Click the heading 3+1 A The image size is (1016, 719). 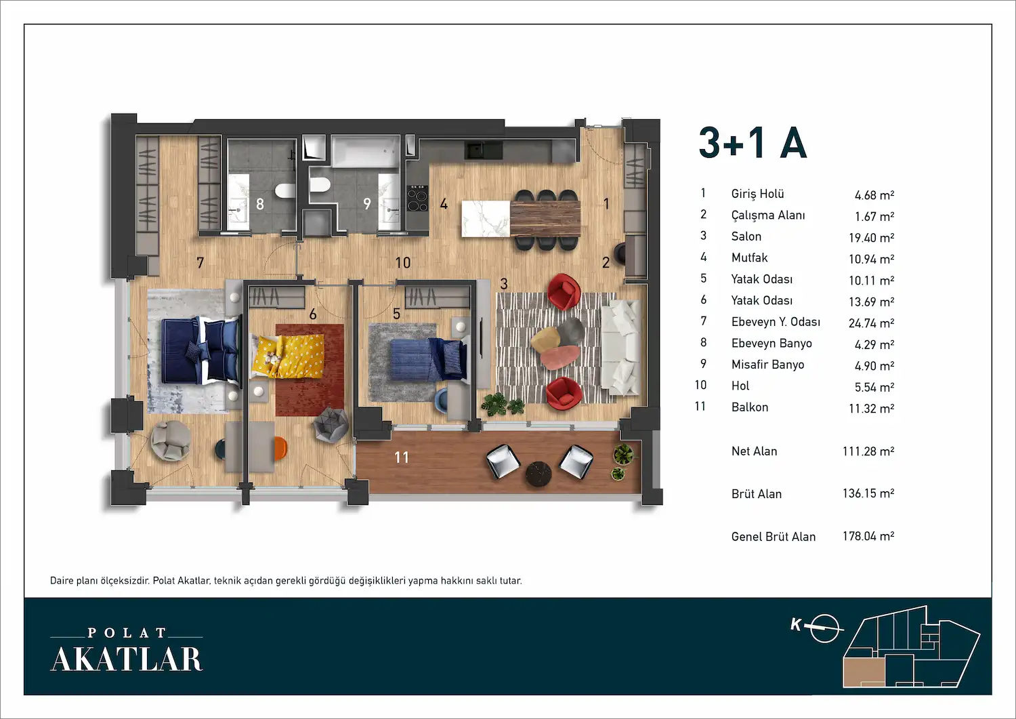coord(753,142)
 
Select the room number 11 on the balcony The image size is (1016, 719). coord(402,457)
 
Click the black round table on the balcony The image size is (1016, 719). coord(538,474)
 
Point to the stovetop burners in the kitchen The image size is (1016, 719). coord(417,199)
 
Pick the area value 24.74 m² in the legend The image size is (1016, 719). coord(871,323)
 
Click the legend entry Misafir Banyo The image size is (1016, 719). coord(767,365)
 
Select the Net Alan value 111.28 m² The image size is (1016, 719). coord(868,451)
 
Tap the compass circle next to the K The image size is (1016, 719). coord(824,629)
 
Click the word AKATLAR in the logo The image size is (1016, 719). coord(127,659)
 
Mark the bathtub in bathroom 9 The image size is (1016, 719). coord(366,150)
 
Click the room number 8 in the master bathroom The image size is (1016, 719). coord(260,204)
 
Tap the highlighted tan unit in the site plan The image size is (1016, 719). coord(864,672)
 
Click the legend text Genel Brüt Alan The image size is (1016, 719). coord(774,537)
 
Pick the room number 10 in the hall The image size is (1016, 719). coord(403,262)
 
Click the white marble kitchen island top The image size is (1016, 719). coord(486,220)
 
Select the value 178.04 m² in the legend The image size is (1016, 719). coord(868,536)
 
